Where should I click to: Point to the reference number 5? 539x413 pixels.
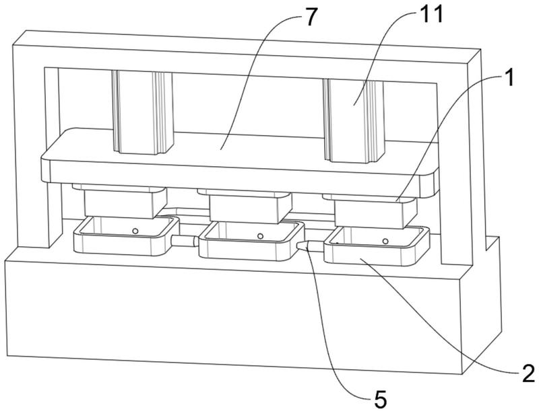379,399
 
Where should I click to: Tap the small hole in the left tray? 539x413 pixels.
135,231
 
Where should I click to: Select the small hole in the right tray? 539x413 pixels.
385,239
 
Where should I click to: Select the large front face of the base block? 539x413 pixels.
229,316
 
